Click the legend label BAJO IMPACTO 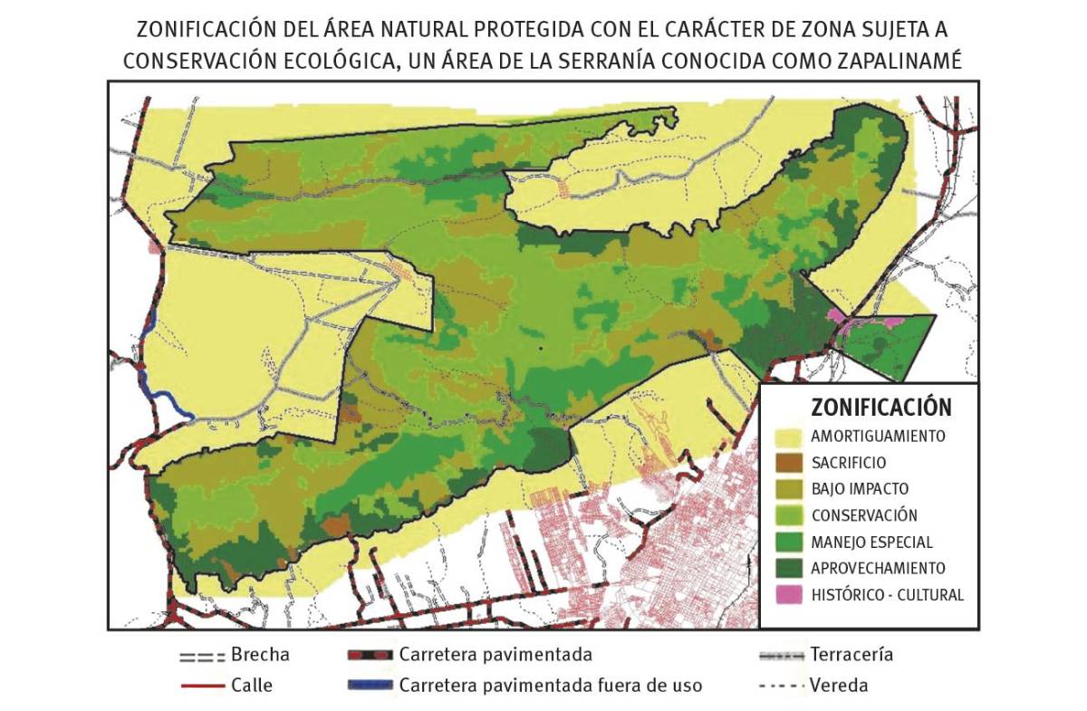[x=860, y=489]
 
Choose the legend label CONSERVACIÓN [x=864, y=515]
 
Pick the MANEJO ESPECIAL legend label [x=871, y=543]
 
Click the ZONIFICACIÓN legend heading [x=868, y=408]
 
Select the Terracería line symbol [x=780, y=656]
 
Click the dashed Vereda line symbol [x=780, y=686]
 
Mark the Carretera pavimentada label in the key [x=495, y=655]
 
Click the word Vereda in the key [x=840, y=685]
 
